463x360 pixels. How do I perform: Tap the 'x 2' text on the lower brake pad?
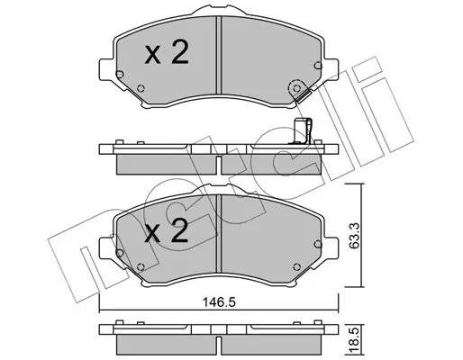coord(167,233)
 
